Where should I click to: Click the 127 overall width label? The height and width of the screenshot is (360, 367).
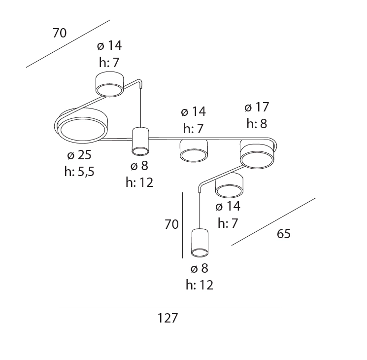(167, 318)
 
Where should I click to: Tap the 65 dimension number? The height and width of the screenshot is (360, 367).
(284, 233)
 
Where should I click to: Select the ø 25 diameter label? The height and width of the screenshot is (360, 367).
(79, 155)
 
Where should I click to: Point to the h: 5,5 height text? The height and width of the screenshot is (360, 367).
(79, 171)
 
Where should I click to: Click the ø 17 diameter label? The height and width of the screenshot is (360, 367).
(257, 107)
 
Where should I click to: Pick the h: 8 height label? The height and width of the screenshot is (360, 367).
(257, 123)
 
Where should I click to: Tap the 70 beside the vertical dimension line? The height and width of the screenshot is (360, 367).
(171, 224)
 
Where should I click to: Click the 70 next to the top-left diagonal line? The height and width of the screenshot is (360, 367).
(60, 33)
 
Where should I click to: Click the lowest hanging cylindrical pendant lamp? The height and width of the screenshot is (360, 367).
(200, 243)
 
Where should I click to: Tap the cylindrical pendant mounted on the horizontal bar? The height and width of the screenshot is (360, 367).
(140, 142)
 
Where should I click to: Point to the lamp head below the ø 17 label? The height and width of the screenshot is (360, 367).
(257, 154)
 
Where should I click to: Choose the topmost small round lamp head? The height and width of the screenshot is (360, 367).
(109, 84)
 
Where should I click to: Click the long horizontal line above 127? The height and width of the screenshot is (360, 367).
(169, 306)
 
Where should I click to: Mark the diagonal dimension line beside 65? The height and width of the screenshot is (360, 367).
(273, 222)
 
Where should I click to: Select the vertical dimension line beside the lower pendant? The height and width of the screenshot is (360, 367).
(183, 225)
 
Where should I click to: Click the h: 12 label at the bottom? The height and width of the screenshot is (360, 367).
(200, 285)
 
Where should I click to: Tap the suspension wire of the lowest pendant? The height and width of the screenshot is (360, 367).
(200, 211)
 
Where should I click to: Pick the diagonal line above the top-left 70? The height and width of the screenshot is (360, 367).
(68, 43)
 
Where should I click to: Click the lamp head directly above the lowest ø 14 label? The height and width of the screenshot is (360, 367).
(229, 185)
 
